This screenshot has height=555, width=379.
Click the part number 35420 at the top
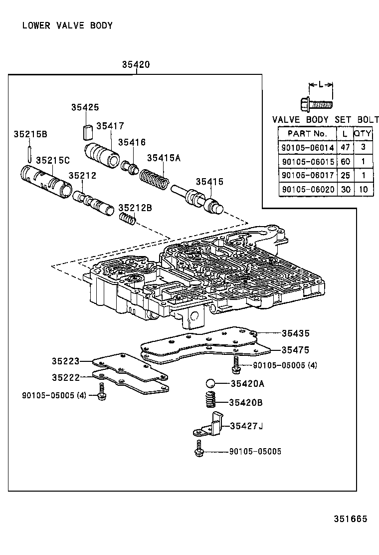click(x=136, y=65)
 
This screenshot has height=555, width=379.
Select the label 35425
click(x=85, y=107)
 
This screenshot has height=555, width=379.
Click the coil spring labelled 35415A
click(x=154, y=179)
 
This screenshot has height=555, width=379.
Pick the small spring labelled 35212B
click(x=127, y=218)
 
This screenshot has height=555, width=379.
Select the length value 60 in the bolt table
click(x=345, y=162)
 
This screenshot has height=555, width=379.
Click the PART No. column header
click(x=307, y=134)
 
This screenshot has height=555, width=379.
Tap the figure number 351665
click(x=350, y=519)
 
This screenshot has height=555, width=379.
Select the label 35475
click(x=295, y=350)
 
